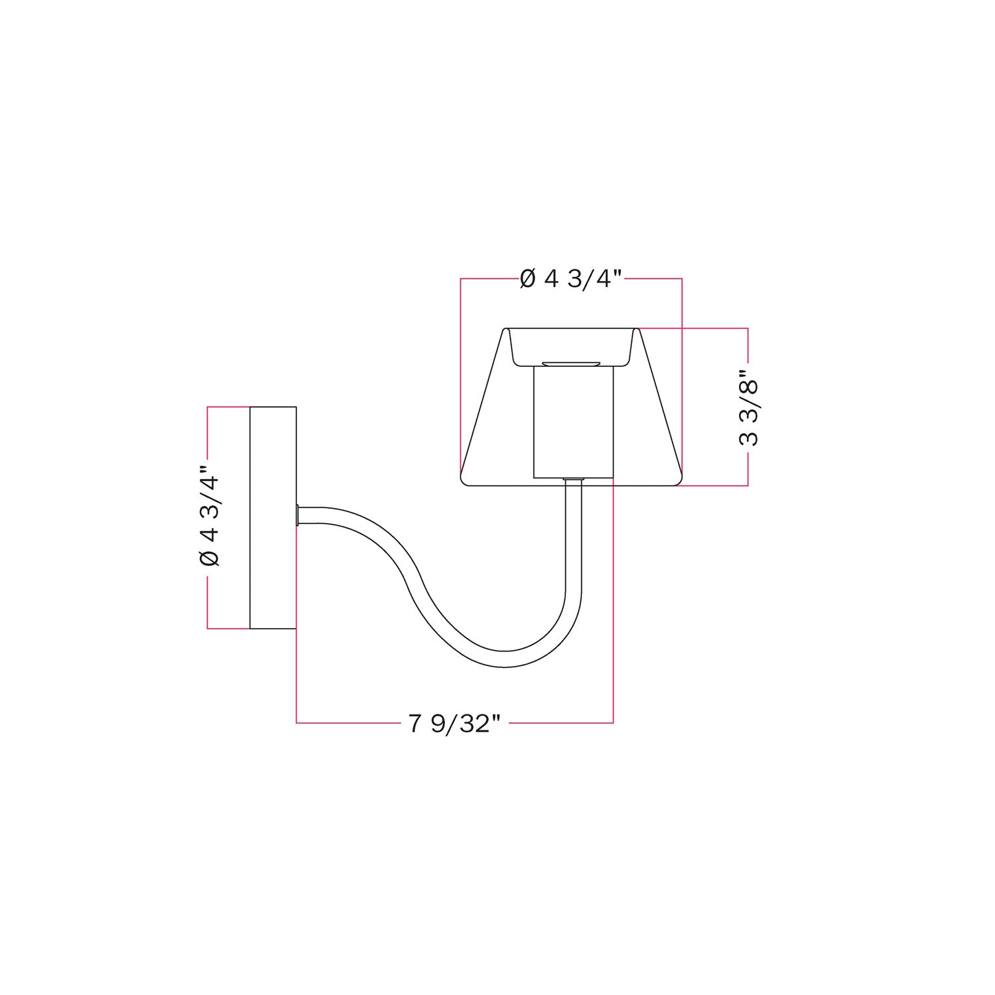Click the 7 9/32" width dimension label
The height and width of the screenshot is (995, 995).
[x=454, y=723]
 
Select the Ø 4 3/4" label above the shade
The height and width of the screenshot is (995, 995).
[x=571, y=279]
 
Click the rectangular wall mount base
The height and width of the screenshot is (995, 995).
[x=273, y=517]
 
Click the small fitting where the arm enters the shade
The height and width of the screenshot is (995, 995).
[x=574, y=479]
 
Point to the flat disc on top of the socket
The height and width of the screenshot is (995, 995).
[x=571, y=364]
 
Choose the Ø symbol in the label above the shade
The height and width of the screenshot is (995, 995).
[x=528, y=279]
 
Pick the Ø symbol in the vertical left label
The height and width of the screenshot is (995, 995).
[x=209, y=559]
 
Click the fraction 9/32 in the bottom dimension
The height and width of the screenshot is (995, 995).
[x=464, y=723]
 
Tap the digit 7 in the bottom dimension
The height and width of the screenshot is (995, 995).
[x=415, y=723]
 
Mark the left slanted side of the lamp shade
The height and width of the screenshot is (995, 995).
[x=483, y=405]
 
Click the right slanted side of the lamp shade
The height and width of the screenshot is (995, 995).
[x=660, y=405]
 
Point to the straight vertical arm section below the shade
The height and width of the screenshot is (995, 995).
[x=574, y=544]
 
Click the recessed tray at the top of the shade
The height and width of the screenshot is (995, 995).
[x=571, y=345]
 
